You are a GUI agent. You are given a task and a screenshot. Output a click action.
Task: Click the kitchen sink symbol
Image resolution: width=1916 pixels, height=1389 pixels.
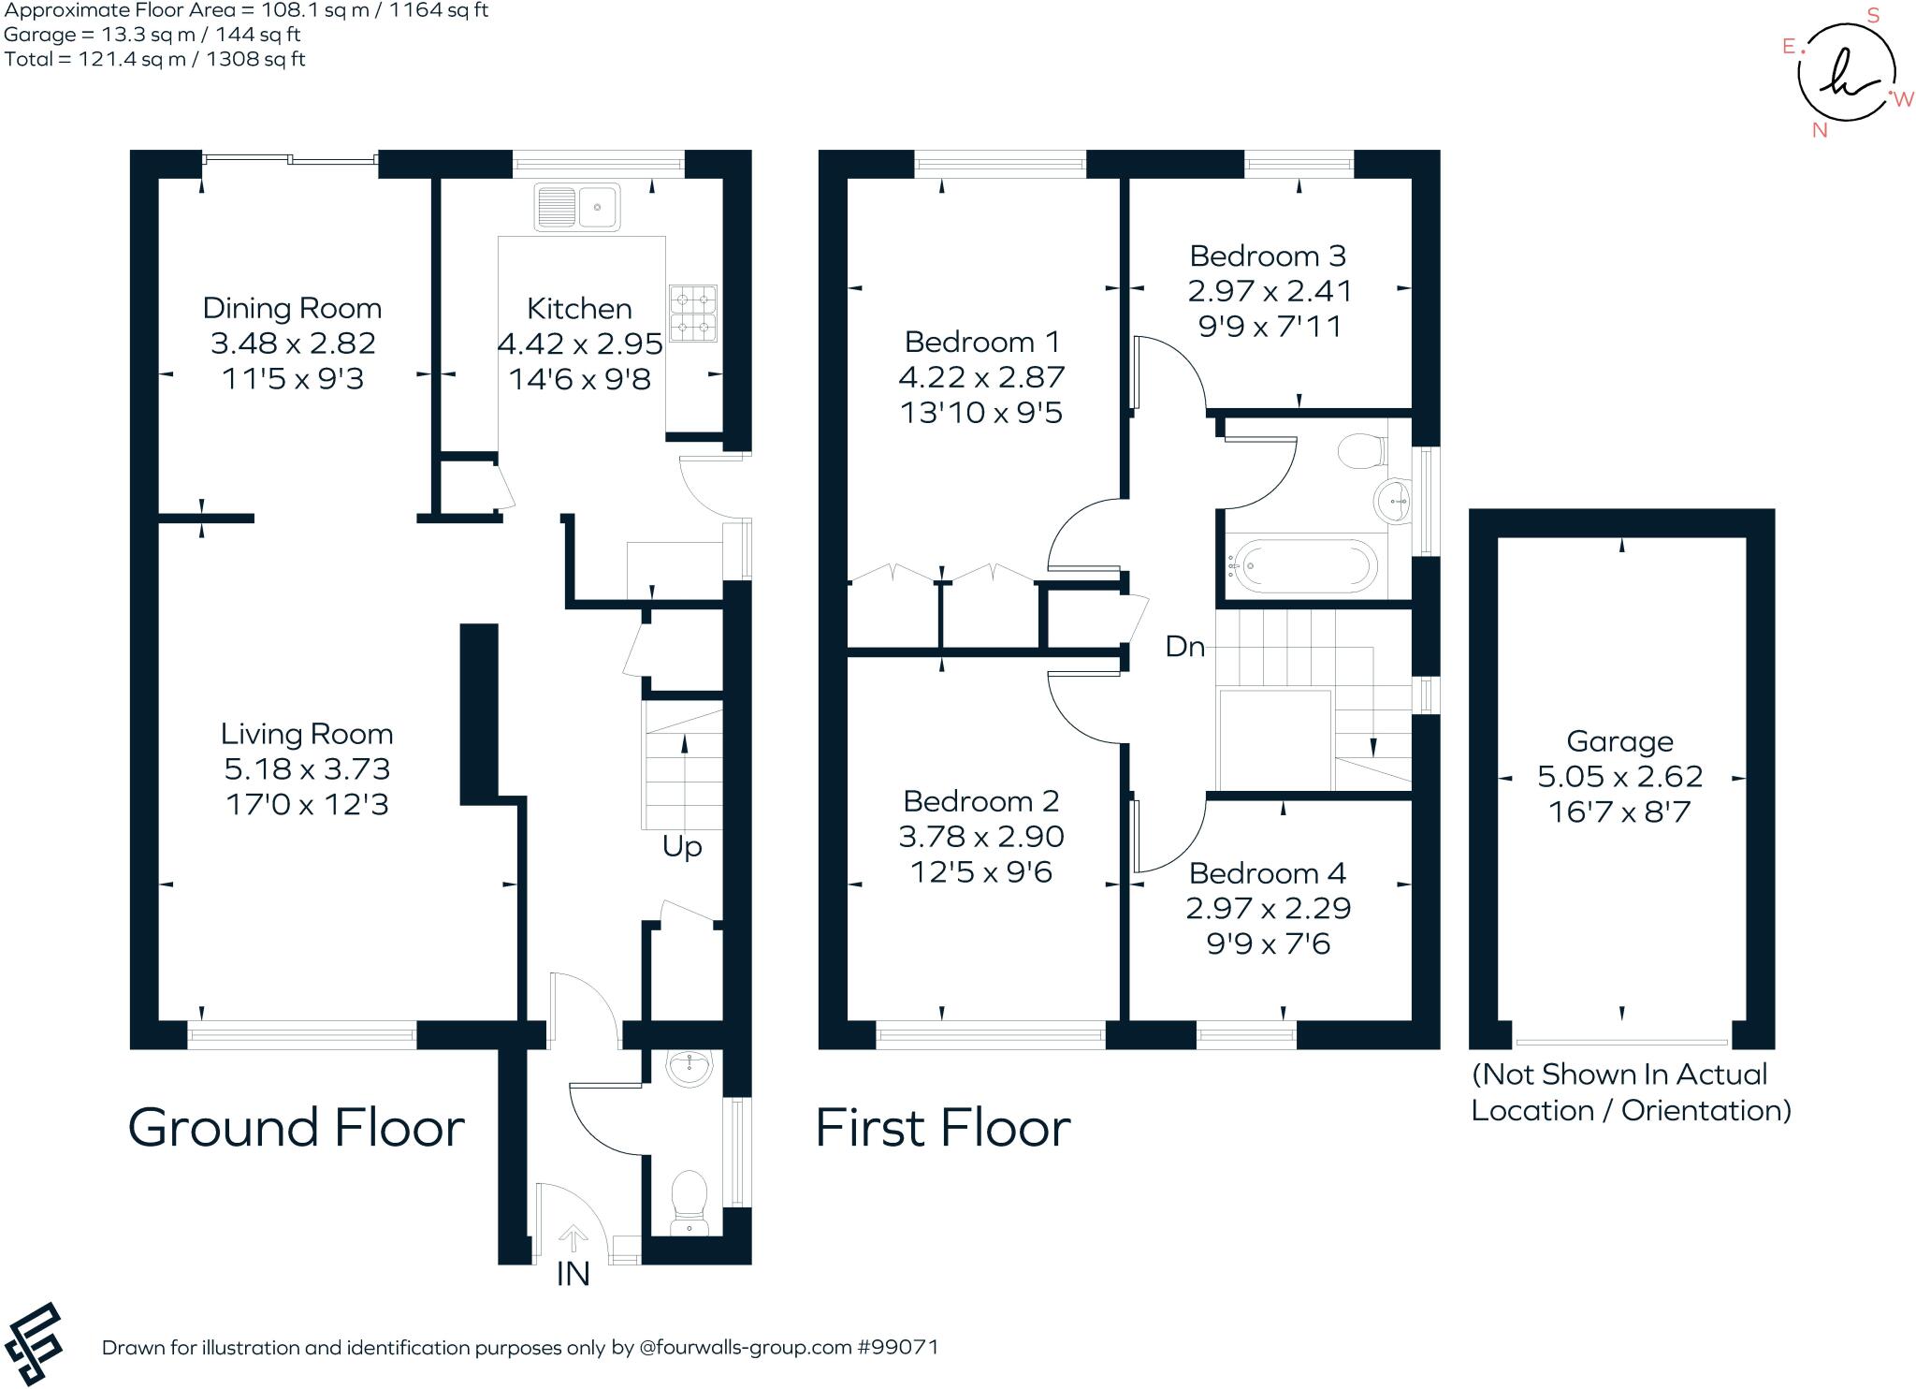coord(576,206)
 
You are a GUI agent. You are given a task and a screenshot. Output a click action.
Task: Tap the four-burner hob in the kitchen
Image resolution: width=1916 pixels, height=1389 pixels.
coord(693,314)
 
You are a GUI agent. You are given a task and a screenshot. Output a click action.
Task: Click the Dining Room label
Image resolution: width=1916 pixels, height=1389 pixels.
coord(292,308)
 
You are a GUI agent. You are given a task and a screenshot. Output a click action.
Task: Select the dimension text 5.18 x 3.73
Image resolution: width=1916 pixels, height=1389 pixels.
coord(307,769)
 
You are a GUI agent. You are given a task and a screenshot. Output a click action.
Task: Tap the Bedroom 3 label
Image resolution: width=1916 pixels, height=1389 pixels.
coord(1268,256)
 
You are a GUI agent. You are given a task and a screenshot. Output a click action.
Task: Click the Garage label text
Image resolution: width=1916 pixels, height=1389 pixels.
coord(1619,741)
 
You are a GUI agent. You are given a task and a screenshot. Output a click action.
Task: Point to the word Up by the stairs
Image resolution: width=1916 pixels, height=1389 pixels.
coord(682,846)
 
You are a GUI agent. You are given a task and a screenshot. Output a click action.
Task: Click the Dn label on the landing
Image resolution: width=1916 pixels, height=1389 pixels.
coord(1184,647)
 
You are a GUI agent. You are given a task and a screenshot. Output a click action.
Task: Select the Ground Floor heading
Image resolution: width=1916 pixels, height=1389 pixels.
coord(296,1128)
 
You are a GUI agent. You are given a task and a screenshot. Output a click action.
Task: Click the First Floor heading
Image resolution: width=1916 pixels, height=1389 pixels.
coord(943,1128)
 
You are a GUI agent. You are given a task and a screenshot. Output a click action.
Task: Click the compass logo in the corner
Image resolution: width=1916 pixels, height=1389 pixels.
coord(1846,74)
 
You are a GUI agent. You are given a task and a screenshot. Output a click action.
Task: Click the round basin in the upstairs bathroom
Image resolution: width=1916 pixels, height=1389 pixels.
coord(1393,501)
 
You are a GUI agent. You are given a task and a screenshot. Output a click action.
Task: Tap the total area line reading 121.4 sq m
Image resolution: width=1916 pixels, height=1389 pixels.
coord(155,59)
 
